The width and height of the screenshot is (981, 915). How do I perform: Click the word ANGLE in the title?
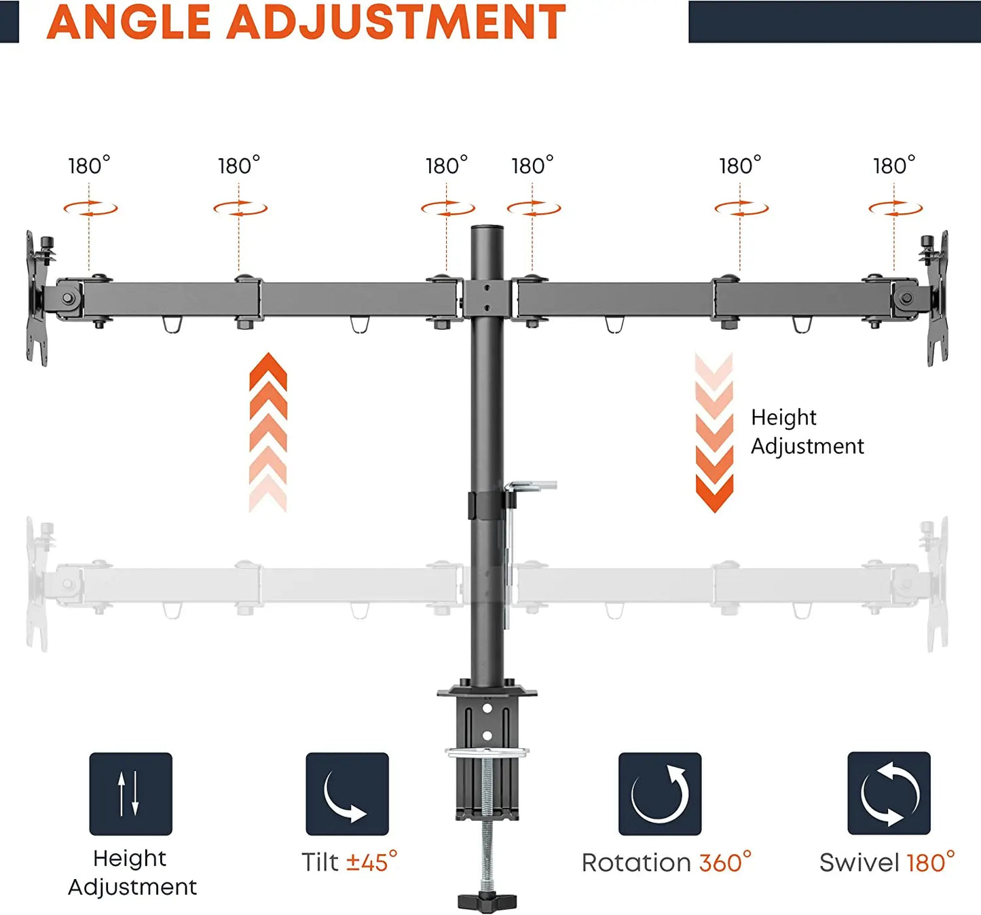tap(128, 22)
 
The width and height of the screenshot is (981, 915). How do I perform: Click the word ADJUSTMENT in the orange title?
tap(396, 22)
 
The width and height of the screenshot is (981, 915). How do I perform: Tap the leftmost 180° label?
tap(89, 166)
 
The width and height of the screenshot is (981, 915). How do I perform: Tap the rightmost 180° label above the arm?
tap(894, 166)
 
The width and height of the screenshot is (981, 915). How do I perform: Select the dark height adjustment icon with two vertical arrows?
tap(131, 793)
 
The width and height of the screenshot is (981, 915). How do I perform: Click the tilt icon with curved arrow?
tap(347, 793)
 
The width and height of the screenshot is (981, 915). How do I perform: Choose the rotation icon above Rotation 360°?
tap(660, 793)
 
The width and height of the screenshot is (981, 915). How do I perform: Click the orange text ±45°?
tap(371, 862)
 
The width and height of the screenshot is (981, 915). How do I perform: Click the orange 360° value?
tap(725, 862)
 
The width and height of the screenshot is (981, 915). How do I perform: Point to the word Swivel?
tap(859, 863)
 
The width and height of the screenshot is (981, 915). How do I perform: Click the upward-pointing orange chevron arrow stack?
tap(268, 432)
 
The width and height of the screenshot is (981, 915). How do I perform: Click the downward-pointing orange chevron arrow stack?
tap(714, 433)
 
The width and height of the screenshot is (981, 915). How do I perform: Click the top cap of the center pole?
tap(487, 229)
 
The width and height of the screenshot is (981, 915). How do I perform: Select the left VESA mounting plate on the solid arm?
tap(37, 299)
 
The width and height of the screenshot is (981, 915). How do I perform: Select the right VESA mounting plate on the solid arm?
tap(938, 299)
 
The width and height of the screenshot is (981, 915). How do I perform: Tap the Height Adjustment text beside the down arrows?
tap(807, 431)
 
